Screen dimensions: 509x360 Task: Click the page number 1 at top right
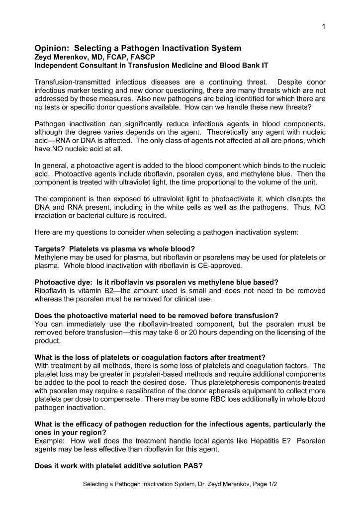coord(323,27)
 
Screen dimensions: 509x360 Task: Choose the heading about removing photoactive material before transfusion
coord(156,316)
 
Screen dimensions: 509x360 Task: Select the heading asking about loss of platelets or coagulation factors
coord(150,357)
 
